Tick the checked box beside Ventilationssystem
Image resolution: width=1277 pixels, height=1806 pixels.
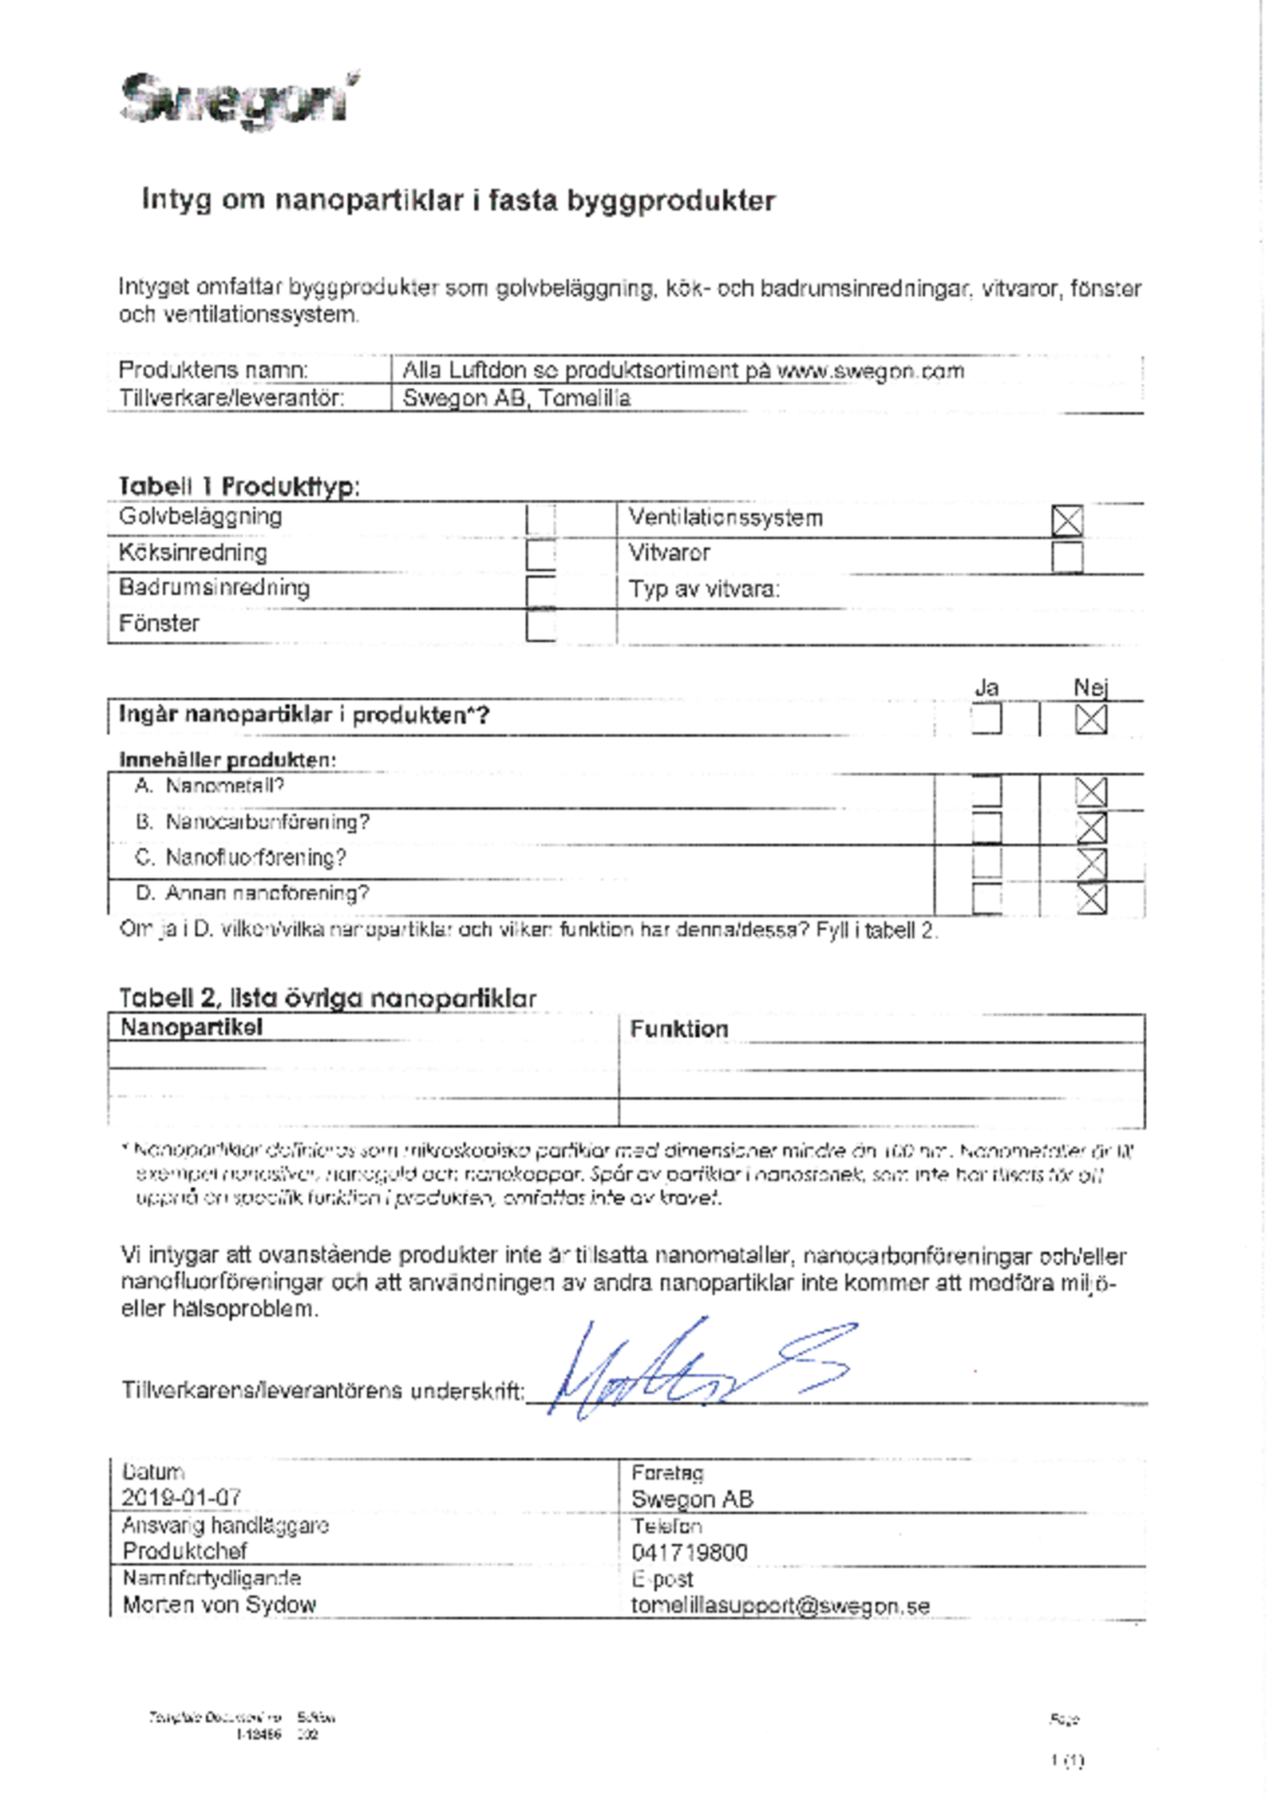pos(1066,521)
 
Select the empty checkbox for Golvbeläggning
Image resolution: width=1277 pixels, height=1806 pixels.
pos(540,519)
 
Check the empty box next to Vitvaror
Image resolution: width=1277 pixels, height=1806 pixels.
pos(1066,556)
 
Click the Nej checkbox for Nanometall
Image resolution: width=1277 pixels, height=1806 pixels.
pos(1090,792)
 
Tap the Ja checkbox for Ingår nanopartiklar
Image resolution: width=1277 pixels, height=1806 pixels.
pos(986,718)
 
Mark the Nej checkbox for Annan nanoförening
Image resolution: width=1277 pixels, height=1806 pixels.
pos(1090,898)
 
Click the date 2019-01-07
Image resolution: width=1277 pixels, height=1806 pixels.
pos(181,1497)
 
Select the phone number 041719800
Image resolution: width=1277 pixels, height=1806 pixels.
pos(689,1552)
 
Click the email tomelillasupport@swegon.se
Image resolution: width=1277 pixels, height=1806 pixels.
pos(780,1605)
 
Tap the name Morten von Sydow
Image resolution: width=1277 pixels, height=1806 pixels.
pos(219,1604)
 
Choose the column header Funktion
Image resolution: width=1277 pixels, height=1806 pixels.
pos(678,1029)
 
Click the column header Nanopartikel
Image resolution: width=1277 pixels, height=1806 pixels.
pos(191,1028)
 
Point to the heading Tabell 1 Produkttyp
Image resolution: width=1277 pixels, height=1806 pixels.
pos(239,485)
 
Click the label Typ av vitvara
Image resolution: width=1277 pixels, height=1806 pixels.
pos(704,589)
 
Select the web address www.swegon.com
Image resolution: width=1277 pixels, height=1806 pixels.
pos(870,370)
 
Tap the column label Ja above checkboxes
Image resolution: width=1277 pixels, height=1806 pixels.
pos(986,687)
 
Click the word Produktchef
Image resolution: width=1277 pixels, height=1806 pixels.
pos(184,1551)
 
